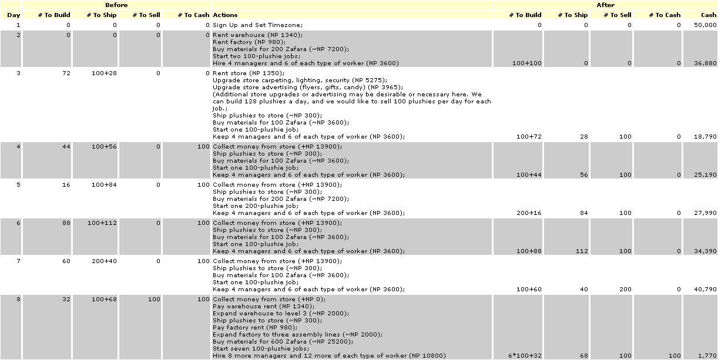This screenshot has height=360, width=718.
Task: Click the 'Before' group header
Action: pos(116,5)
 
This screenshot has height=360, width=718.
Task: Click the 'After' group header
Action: pos(605,5)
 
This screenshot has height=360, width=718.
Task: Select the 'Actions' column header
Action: pos(226,15)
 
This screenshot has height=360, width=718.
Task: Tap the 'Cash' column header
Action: pos(709,15)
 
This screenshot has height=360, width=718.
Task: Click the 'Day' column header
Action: pos(14,15)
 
